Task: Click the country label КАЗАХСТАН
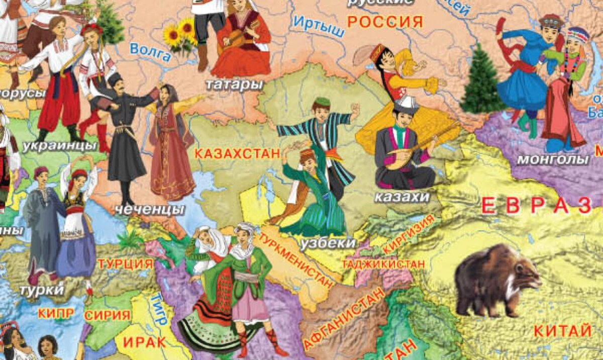coord(236,154)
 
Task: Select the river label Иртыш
coord(319,26)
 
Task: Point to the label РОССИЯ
coord(385,22)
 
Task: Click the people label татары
coord(235,84)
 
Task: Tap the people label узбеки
coord(328,243)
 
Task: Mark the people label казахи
coord(402,197)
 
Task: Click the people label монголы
coord(553,159)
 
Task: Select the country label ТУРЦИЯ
coord(125,264)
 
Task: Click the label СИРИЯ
coord(108,316)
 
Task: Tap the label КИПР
coord(56,313)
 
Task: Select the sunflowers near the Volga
coord(180,35)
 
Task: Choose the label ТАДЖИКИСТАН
coord(383,263)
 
